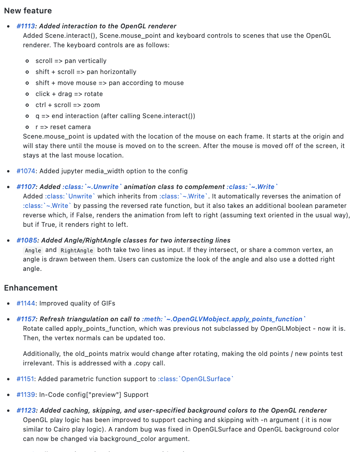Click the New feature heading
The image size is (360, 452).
[x=28, y=11]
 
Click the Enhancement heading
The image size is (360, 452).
[x=31, y=288]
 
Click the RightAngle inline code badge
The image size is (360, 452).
[x=77, y=250]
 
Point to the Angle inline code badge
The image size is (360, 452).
[x=33, y=250]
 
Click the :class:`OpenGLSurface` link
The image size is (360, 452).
[x=196, y=379]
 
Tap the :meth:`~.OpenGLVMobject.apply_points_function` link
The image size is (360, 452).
[x=224, y=319]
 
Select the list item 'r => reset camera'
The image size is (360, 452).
[x=63, y=127]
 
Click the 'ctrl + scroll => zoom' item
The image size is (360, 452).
[x=67, y=105]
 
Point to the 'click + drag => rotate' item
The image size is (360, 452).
[x=69, y=94]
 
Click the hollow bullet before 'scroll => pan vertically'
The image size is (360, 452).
[x=27, y=61]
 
